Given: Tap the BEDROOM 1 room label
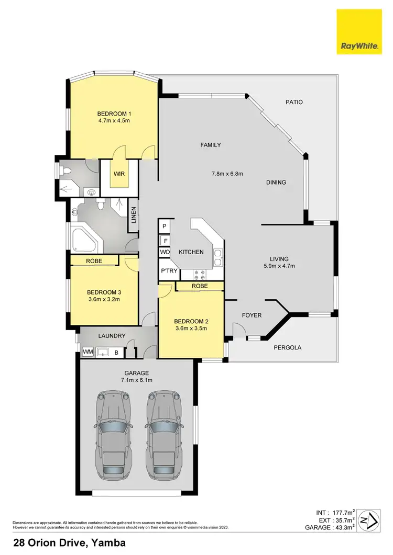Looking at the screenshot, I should [x=114, y=114].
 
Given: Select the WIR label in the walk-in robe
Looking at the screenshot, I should [x=119, y=174].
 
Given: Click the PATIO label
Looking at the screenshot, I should [x=294, y=103].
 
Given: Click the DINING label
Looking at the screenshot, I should [x=276, y=183].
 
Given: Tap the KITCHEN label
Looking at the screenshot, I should [x=191, y=252].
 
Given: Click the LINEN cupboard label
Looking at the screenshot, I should [x=134, y=216].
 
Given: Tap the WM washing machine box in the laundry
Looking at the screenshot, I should [x=88, y=353].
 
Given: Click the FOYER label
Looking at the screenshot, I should [x=252, y=315].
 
